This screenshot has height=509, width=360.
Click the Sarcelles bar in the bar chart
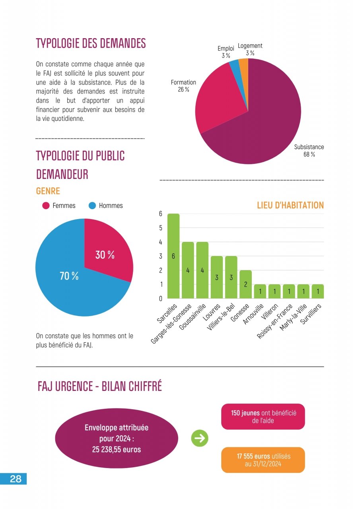coord(173,256)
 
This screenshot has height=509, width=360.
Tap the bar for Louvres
coord(217,277)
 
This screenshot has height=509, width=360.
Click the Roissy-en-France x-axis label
coord(275,321)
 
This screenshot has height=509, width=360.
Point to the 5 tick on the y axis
coord(161,228)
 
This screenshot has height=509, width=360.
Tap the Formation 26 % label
coord(183,86)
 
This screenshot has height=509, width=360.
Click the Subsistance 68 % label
coord(309,151)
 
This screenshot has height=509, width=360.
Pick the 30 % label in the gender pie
coord(105,255)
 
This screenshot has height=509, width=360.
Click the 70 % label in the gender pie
coord(69,276)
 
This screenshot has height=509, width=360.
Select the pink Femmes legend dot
coord(46,206)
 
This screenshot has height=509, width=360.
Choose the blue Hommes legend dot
coord(92,206)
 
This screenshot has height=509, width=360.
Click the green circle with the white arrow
coord(200,438)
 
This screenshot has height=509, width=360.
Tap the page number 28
coord(16,479)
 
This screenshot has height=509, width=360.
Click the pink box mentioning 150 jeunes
coord(263,417)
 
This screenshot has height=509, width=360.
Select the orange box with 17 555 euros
coord(263,460)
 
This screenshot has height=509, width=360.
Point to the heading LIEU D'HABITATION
coord(290,206)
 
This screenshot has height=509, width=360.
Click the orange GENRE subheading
coord(48,191)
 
